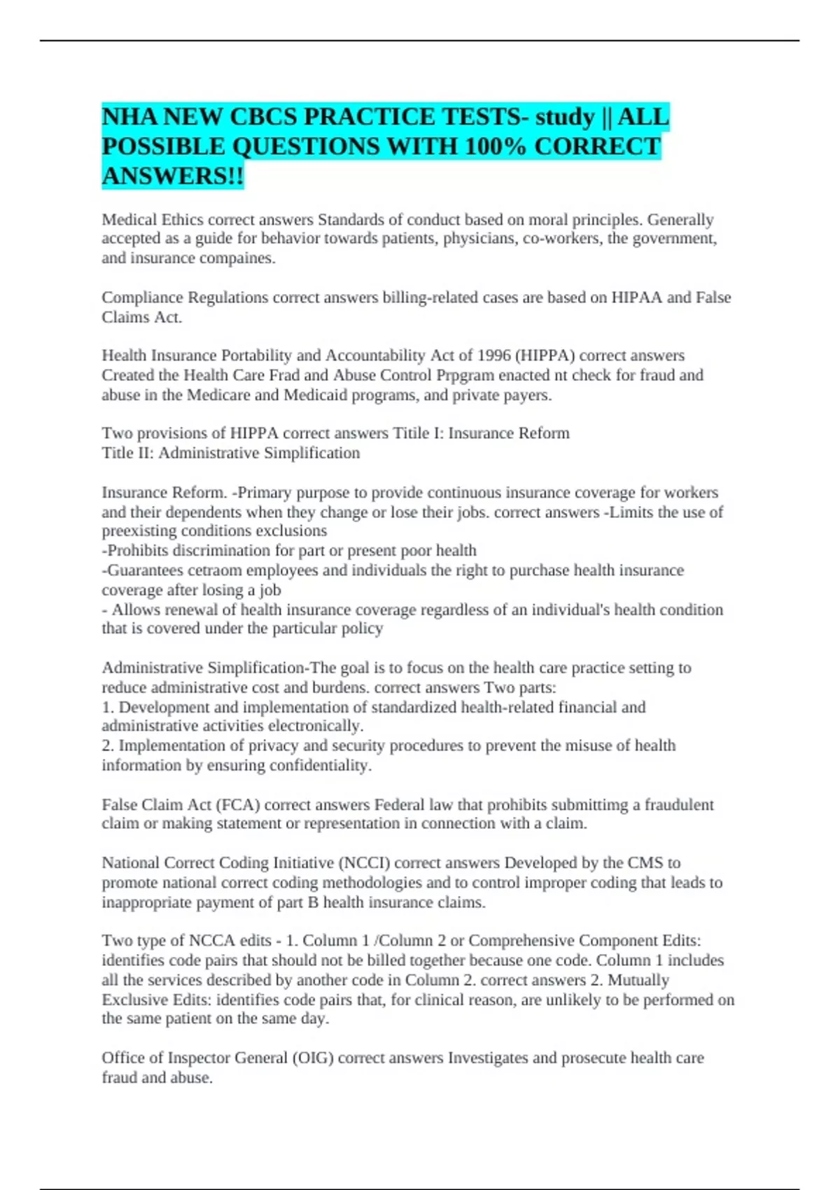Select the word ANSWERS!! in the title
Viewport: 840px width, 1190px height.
click(173, 176)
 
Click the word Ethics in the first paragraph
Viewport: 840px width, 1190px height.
click(181, 220)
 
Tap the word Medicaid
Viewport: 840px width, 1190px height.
click(315, 395)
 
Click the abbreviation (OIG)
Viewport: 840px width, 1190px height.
click(312, 1058)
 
